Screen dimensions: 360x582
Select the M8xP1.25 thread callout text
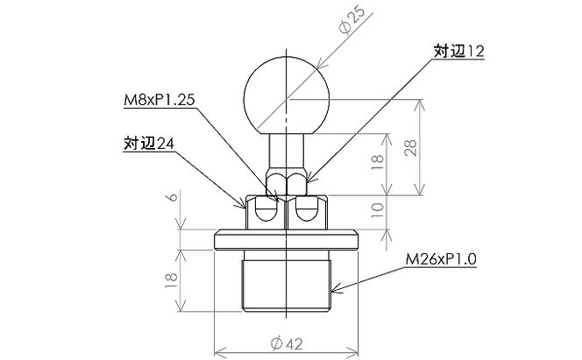click(158, 100)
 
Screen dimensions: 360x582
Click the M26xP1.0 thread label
click(441, 260)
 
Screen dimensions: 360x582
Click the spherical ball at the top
click(286, 91)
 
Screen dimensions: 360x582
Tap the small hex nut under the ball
click(286, 183)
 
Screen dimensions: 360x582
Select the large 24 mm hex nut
click(286, 211)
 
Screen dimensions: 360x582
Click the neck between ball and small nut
click(286, 147)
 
